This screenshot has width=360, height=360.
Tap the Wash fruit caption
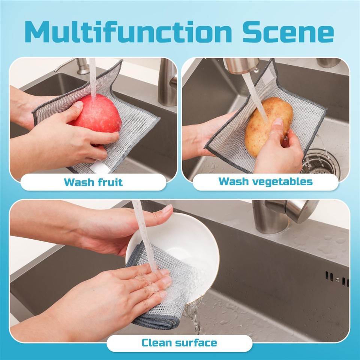pyautogui.click(x=93, y=183)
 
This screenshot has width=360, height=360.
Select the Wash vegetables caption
pyautogui.click(x=265, y=181)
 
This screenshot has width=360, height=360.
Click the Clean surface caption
pyautogui.click(x=179, y=342)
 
